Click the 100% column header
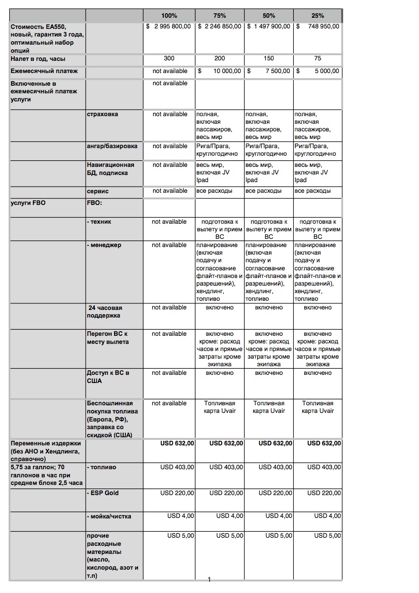[x=169, y=16]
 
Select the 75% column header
[x=219, y=16]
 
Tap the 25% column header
[x=318, y=16]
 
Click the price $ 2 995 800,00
[x=168, y=26]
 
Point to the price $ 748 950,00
[x=318, y=26]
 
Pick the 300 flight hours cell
[x=169, y=59]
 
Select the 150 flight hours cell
[x=269, y=59]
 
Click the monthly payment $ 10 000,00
[x=219, y=72]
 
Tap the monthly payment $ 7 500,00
[x=269, y=72]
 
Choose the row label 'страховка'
[x=102, y=114]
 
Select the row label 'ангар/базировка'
[x=112, y=146]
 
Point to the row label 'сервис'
[x=97, y=191]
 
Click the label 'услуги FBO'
[x=28, y=203]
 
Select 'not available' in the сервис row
[x=169, y=191]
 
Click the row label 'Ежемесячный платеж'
[x=44, y=72]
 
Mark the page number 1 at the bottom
[x=209, y=580]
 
